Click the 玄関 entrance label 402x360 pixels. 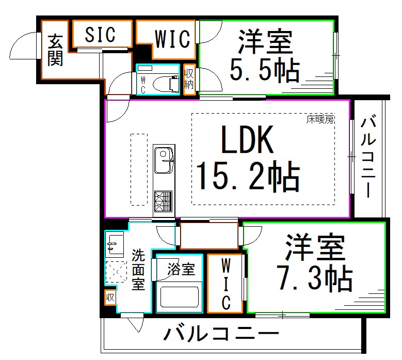coord(55,51)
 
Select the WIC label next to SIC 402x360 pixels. coord(172,38)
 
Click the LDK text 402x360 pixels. coord(247,140)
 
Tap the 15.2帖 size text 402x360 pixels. coord(247,177)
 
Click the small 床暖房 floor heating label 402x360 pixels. coord(320,119)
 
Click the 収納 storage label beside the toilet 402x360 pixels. coord(189,81)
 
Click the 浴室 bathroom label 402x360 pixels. coord(181,270)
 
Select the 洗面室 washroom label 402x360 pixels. coord(138,270)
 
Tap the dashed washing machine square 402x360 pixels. coord(116,272)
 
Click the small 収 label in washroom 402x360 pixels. coord(110,298)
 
